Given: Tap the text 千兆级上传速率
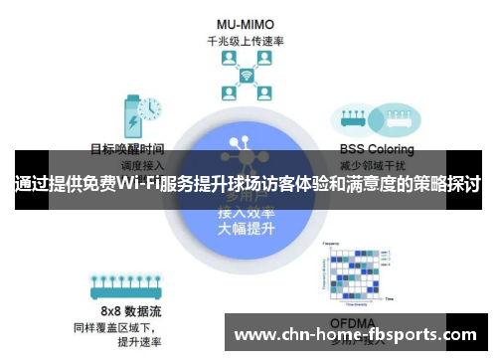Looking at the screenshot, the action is click(247, 41).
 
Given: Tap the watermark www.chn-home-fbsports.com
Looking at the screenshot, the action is click(355, 335).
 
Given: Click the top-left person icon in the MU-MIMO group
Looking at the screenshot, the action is click(228, 62).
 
